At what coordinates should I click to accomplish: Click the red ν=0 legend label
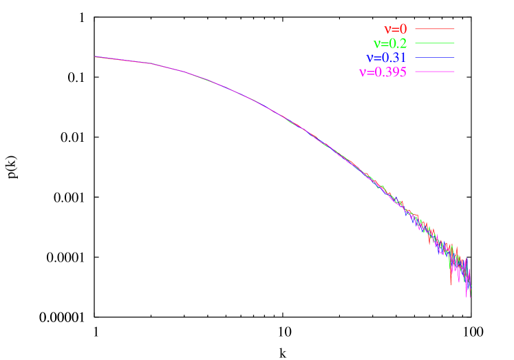pyautogui.click(x=396, y=30)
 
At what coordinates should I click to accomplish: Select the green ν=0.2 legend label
pyautogui.click(x=389, y=43)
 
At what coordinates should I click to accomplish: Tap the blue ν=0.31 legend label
pyautogui.click(x=387, y=58)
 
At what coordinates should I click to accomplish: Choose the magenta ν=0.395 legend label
pyautogui.click(x=383, y=72)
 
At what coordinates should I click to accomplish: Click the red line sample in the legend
pyautogui.click(x=435, y=29)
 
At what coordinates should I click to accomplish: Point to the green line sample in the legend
pyautogui.click(x=435, y=43)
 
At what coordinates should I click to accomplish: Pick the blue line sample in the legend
pyautogui.click(x=435, y=57)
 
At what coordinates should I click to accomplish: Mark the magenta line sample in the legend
pyautogui.click(x=435, y=72)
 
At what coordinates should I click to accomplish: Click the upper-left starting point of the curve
pyautogui.click(x=95, y=56)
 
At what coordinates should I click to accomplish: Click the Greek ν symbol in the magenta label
pyautogui.click(x=363, y=72)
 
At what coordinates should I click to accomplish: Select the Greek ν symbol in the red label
pyautogui.click(x=388, y=30)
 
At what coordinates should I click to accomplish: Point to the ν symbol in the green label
pyautogui.click(x=376, y=43)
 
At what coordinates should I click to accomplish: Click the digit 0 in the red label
pyautogui.click(x=404, y=30)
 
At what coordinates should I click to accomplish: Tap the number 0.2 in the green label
pyautogui.click(x=398, y=43)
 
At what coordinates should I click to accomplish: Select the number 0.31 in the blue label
pyautogui.click(x=394, y=58)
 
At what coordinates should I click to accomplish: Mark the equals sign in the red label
pyautogui.click(x=396, y=30)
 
